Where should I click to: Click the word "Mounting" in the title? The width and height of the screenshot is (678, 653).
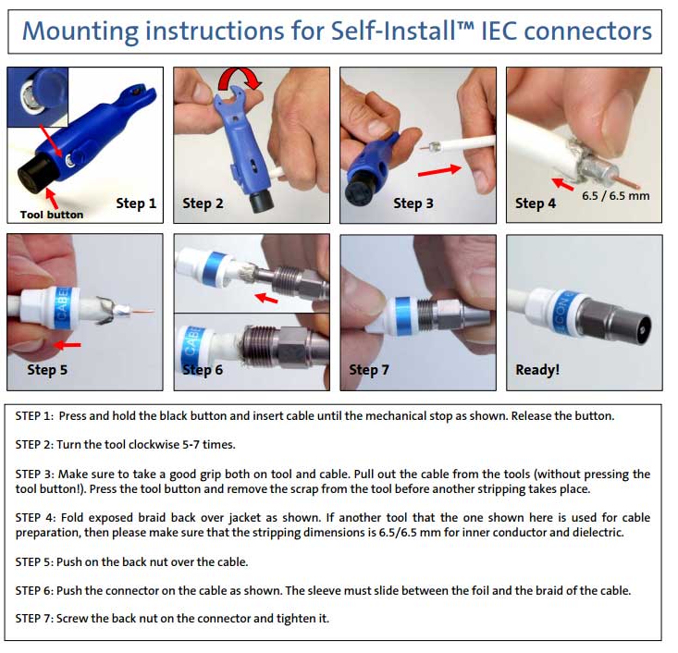(x=80, y=31)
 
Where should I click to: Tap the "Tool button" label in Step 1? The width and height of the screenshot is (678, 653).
(x=52, y=215)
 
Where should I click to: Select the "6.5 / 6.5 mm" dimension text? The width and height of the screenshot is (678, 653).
(x=615, y=196)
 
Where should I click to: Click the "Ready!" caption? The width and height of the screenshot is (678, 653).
(x=537, y=370)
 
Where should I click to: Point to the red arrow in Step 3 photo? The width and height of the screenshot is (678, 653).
(x=439, y=170)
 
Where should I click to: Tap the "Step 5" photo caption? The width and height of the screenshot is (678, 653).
(x=47, y=370)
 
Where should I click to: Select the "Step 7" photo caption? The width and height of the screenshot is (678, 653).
(x=369, y=370)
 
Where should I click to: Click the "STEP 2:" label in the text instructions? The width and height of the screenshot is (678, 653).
(x=34, y=445)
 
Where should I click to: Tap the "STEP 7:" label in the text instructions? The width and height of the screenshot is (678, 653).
(x=34, y=619)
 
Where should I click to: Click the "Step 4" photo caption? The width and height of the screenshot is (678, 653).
(x=536, y=203)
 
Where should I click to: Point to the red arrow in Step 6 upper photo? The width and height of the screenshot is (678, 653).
(x=265, y=298)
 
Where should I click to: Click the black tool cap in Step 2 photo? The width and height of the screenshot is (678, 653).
(x=261, y=201)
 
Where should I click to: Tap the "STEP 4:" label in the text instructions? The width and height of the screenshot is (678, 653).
(x=35, y=518)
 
